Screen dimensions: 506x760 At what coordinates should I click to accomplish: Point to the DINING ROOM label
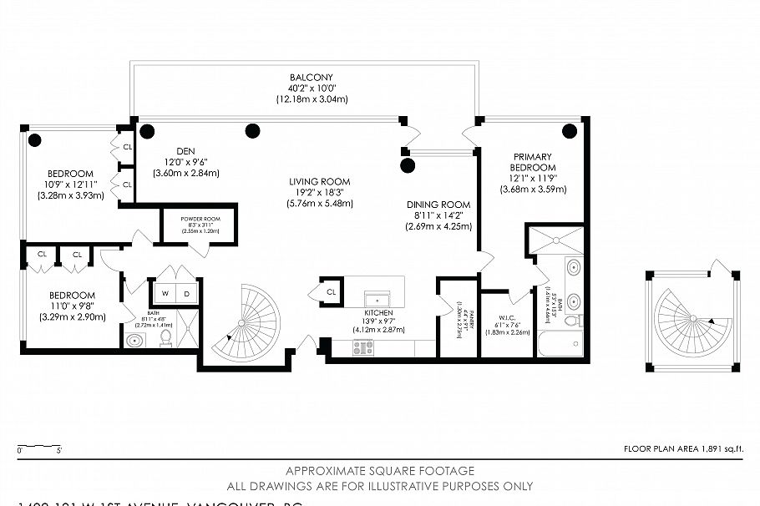point(438,205)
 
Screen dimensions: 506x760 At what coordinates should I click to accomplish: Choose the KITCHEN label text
point(377,312)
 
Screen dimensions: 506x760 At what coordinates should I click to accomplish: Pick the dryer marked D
point(186,293)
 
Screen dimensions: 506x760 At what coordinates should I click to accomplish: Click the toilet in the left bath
point(166,337)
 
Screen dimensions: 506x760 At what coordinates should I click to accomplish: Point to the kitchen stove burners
point(363,347)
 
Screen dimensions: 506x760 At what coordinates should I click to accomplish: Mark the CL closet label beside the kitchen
point(332,292)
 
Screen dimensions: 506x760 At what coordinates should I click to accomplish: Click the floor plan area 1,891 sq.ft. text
point(683,449)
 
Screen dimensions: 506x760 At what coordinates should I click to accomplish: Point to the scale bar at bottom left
point(38,446)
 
